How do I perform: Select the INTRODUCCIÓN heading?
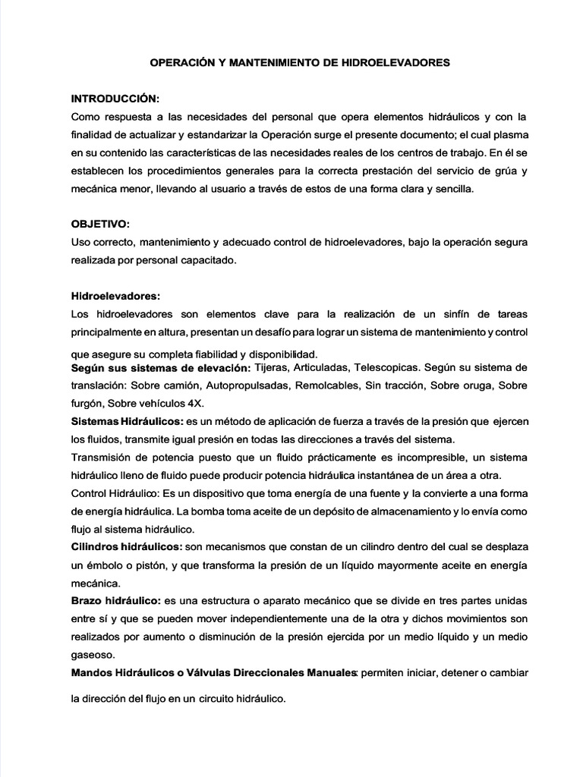[115, 99]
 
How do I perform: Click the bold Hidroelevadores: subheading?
[115, 295]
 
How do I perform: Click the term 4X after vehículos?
[206, 403]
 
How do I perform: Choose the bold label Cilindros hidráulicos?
[126, 547]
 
